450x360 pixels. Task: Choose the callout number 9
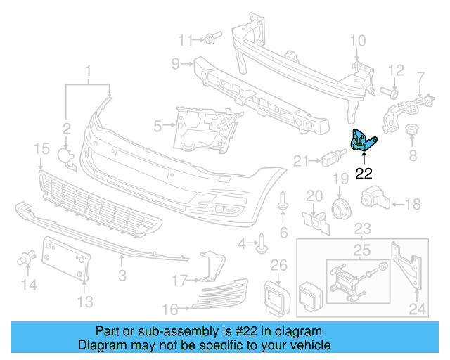click(176, 65)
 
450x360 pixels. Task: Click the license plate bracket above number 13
click(67, 258)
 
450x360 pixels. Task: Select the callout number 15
click(41, 148)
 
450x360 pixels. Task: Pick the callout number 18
click(413, 204)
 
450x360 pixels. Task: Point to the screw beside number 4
click(263, 243)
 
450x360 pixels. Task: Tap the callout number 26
click(279, 265)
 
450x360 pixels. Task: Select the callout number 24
click(417, 307)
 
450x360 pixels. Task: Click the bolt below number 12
click(390, 91)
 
